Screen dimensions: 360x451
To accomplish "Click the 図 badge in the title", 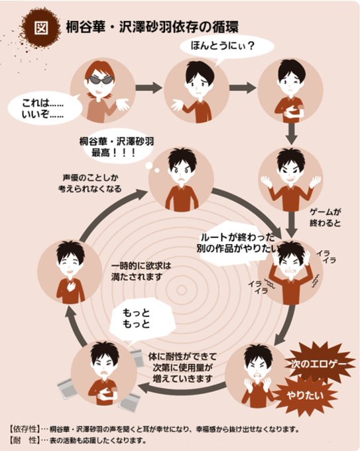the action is click(42, 27).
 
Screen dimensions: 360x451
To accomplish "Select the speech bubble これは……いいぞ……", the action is click(44, 108).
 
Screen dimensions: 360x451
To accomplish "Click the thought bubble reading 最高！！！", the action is click(117, 147).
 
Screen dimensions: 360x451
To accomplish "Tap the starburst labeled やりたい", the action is click(305, 396).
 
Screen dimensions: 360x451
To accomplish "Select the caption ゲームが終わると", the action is click(326, 218).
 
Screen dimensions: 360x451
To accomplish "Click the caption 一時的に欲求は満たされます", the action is click(141, 271).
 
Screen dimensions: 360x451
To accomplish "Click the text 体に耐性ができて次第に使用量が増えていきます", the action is click(182, 367).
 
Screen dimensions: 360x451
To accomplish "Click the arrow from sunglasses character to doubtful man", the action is click(149, 88).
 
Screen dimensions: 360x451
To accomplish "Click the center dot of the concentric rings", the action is click(182, 290).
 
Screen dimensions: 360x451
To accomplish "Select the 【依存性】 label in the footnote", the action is click(24, 429).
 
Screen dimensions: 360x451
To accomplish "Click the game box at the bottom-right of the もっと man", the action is click(130, 401).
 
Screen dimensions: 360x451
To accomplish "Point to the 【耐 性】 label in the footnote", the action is click(24, 440).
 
